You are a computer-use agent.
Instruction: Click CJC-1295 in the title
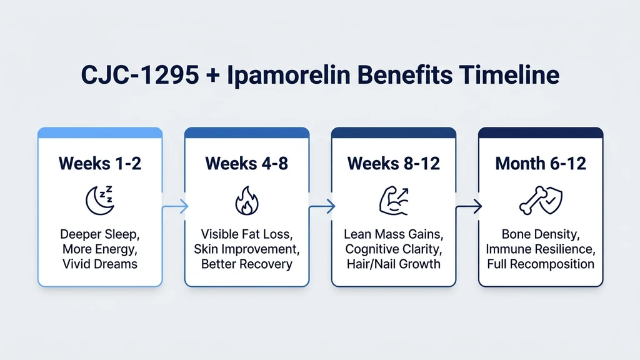(x=132, y=76)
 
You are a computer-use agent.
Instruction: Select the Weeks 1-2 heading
(x=100, y=164)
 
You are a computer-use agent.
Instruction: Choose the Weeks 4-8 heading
(x=246, y=164)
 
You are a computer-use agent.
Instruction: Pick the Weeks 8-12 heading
(x=394, y=164)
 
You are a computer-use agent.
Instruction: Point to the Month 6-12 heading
(x=541, y=164)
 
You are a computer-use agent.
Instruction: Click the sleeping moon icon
(x=100, y=199)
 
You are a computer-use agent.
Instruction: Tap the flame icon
(x=246, y=201)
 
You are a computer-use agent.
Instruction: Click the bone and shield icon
(x=541, y=200)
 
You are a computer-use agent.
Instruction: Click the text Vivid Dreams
(x=100, y=264)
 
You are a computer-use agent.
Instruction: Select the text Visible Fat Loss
(x=246, y=235)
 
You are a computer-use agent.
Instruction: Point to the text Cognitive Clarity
(x=394, y=249)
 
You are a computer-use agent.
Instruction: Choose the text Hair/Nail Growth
(x=394, y=264)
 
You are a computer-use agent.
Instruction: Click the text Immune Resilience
(x=541, y=249)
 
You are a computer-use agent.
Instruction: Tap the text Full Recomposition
(x=541, y=264)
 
